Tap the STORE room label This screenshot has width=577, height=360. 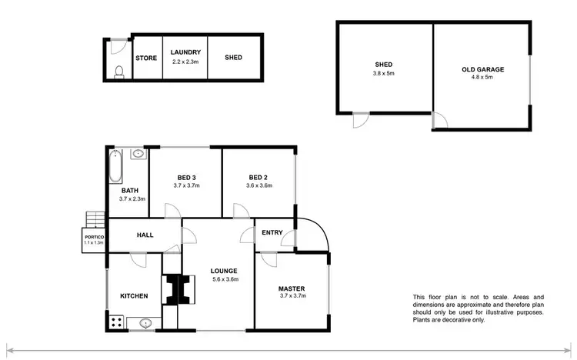click(x=146, y=58)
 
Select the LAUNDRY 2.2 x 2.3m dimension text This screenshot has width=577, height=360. click(x=186, y=62)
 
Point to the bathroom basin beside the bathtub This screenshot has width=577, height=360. click(x=137, y=154)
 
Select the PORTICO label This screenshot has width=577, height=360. click(x=93, y=236)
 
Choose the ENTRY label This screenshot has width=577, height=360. click(x=272, y=233)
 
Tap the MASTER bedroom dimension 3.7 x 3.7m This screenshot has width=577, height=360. click(x=292, y=295)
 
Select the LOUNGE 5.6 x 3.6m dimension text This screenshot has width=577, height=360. click(x=225, y=279)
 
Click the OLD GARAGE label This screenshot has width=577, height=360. click(x=482, y=69)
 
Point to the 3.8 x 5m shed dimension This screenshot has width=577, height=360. click(x=384, y=74)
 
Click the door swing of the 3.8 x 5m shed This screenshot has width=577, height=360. click(x=360, y=121)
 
